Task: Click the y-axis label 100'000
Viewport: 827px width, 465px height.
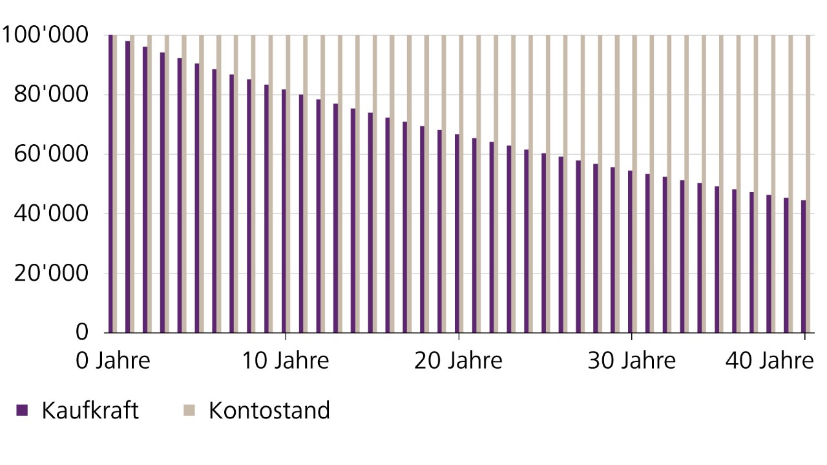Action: [45, 36]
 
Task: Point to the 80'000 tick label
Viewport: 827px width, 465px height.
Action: [50, 95]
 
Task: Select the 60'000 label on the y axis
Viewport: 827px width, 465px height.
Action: [50, 155]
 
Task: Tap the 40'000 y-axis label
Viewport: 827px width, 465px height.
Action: [50, 214]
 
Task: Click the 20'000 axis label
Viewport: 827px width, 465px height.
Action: [50, 274]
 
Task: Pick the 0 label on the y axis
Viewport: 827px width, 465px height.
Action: [81, 332]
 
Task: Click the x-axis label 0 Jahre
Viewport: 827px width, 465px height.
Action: [113, 360]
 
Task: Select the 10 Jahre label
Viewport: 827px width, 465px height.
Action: [285, 360]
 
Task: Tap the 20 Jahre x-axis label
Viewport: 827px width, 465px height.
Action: [458, 360]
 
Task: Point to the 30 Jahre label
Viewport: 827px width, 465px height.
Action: [631, 360]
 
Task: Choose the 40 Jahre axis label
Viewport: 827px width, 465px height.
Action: [769, 360]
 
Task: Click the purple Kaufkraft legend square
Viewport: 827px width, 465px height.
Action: [23, 409]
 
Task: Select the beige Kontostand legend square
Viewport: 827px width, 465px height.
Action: [189, 409]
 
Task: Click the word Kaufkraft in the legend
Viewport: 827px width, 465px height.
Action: [90, 410]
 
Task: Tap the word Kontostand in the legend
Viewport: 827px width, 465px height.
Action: [269, 410]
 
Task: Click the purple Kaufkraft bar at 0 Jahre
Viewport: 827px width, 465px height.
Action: [110, 184]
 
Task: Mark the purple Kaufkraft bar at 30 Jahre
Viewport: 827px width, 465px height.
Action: [630, 252]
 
